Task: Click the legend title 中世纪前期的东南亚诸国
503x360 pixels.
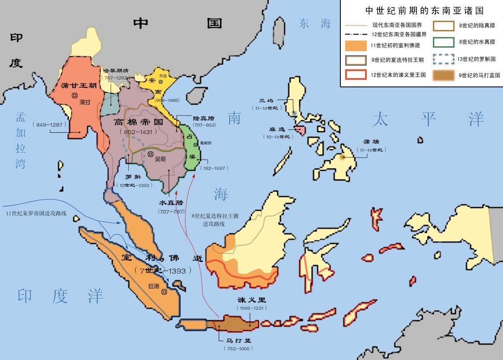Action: point(421,10)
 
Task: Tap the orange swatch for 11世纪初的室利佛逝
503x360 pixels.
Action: point(356,45)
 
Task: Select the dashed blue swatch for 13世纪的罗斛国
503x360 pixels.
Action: point(443,59)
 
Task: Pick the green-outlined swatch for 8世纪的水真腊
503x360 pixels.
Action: point(443,42)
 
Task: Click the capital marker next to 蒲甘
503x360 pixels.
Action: point(75,95)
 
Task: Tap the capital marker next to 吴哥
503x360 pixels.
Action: point(150,154)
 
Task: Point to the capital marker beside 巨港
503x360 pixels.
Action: point(164,292)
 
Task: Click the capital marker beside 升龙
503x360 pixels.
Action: point(161,82)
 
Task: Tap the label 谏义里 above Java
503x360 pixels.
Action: point(252,300)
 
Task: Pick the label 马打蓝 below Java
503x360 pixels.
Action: point(238,341)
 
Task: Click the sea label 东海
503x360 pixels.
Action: point(315,24)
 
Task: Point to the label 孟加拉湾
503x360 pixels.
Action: point(21,140)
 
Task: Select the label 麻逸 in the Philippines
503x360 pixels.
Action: point(278,130)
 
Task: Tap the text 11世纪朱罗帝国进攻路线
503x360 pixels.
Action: point(36,213)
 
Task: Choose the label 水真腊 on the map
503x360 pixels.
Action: point(171,203)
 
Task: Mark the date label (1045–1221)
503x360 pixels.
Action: point(252,308)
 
